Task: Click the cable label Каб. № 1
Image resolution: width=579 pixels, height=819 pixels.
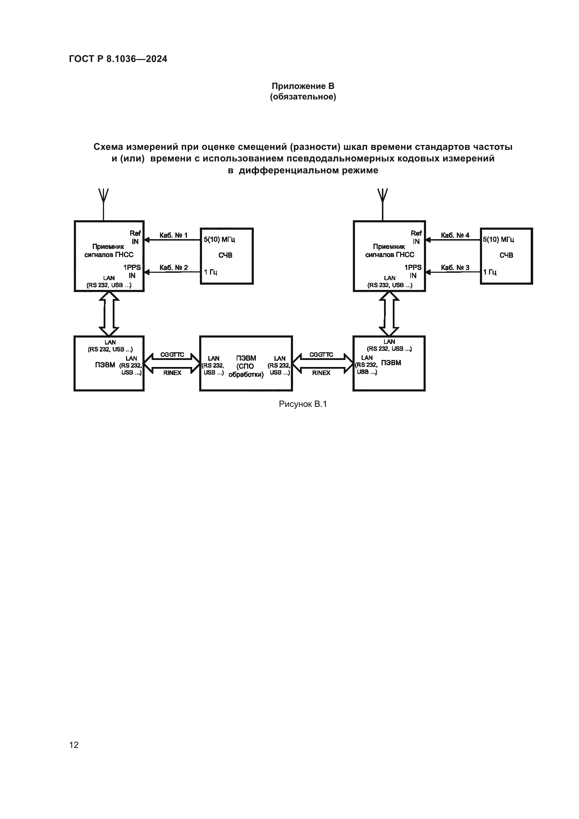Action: tap(173, 235)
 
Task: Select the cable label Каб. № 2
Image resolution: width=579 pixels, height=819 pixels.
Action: tap(173, 268)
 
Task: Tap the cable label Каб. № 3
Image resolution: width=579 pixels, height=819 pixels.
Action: tap(455, 268)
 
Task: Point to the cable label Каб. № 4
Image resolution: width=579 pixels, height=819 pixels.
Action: tap(455, 235)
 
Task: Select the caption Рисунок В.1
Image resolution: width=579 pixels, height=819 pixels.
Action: tap(303, 404)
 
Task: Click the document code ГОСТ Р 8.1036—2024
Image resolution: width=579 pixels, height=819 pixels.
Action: tap(118, 59)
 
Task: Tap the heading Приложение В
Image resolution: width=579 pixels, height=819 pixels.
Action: tap(303, 86)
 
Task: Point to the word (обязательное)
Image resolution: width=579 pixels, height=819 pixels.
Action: tap(303, 97)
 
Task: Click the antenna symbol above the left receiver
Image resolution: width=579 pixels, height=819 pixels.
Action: tap(103, 196)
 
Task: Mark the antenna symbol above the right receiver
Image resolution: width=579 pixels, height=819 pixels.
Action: tap(383, 196)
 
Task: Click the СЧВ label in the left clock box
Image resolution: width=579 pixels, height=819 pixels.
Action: tap(225, 255)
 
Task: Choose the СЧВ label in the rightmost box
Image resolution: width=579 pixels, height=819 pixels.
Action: tap(506, 255)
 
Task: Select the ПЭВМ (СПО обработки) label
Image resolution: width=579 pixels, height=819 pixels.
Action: tap(246, 366)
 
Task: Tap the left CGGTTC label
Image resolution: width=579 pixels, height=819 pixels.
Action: tap(172, 355)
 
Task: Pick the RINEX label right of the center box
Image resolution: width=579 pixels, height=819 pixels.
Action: tap(321, 373)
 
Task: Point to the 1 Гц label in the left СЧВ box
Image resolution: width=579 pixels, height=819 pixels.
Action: tap(210, 272)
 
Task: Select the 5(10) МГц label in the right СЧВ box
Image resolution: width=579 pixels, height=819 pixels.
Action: tap(498, 240)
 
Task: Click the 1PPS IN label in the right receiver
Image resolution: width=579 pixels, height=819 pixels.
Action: tap(413, 271)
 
